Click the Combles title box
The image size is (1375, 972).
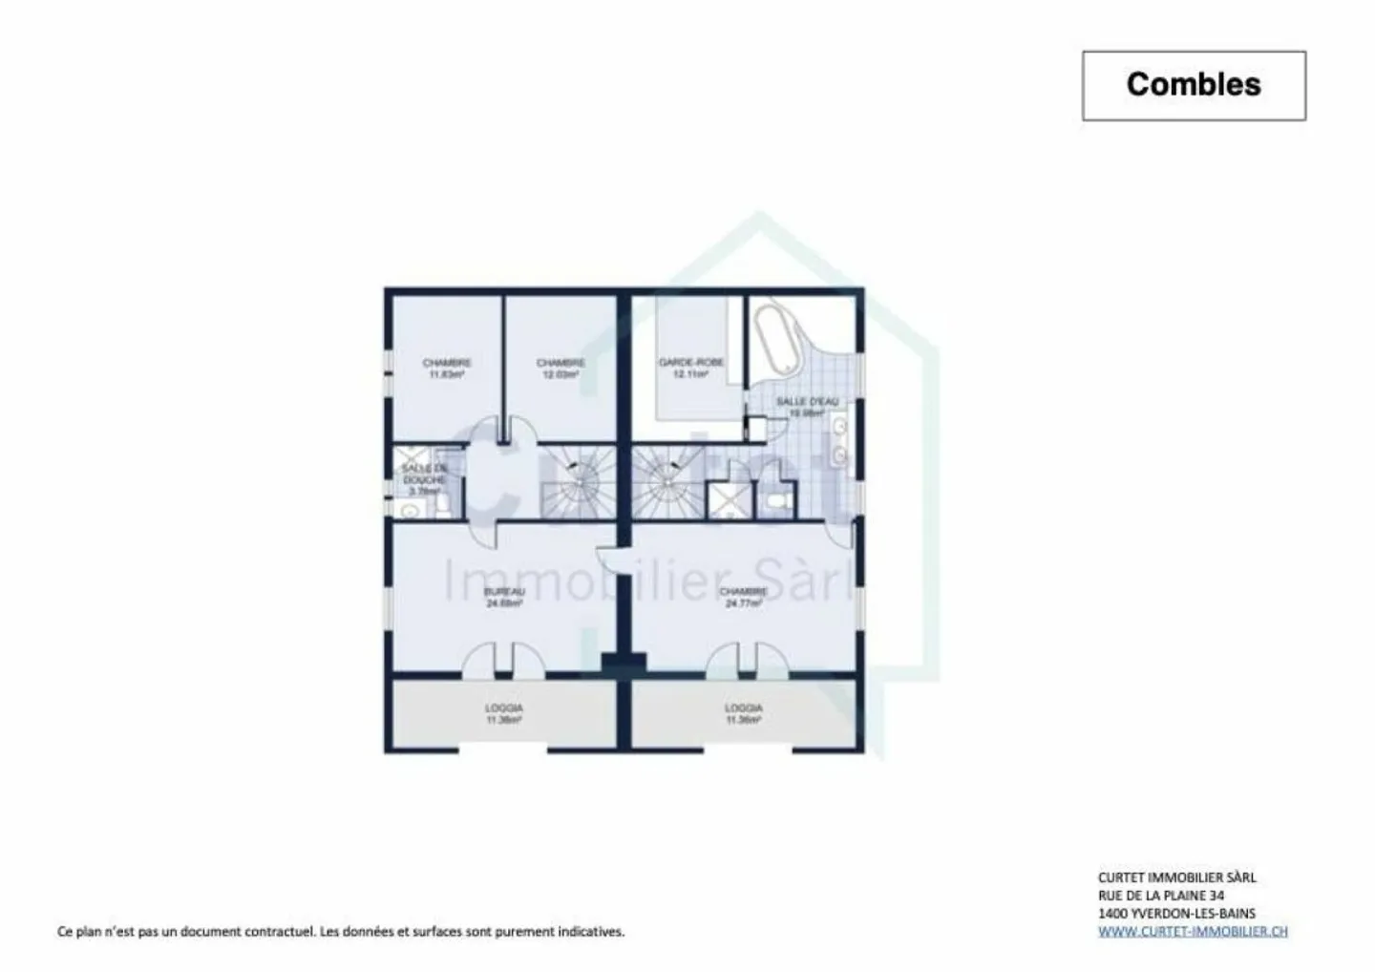(x=1193, y=85)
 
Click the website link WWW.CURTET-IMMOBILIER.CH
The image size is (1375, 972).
(x=1192, y=931)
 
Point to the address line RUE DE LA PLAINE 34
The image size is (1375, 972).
(x=1161, y=896)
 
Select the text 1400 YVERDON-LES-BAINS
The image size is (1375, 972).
(x=1176, y=913)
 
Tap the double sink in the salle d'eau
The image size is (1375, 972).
(x=840, y=441)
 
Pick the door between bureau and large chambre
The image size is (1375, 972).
(x=609, y=559)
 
